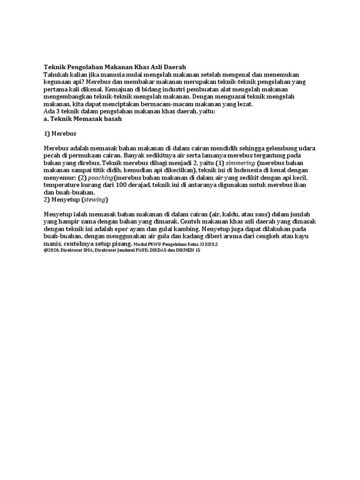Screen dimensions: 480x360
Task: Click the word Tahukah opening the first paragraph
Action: [55, 75]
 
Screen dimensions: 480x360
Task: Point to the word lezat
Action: [244, 104]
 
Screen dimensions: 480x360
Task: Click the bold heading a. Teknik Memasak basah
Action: [82, 119]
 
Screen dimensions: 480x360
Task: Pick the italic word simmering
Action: [241, 163]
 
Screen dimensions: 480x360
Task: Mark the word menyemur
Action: [59, 178]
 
